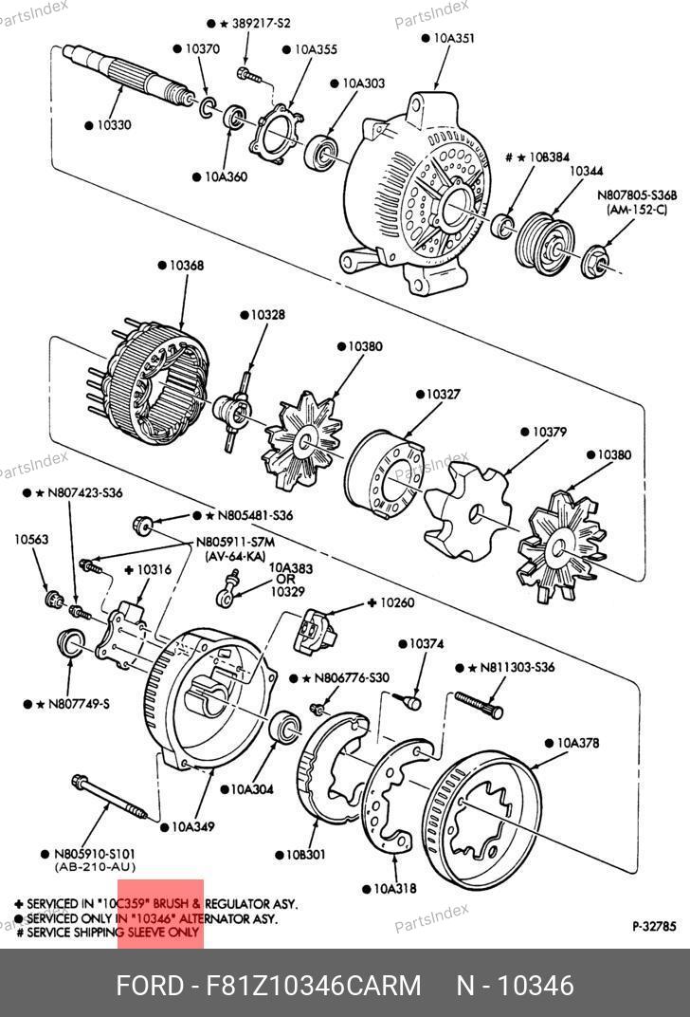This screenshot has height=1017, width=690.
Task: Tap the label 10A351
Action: (x=454, y=39)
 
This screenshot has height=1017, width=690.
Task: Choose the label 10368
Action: (x=187, y=266)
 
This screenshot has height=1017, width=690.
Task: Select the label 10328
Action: (x=267, y=314)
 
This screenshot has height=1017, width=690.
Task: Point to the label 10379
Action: (x=549, y=432)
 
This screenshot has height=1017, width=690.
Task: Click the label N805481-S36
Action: (x=255, y=515)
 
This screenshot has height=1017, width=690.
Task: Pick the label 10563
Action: (x=31, y=540)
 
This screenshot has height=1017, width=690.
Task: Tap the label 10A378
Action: (x=577, y=743)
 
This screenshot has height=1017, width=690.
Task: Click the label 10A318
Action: (x=396, y=889)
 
